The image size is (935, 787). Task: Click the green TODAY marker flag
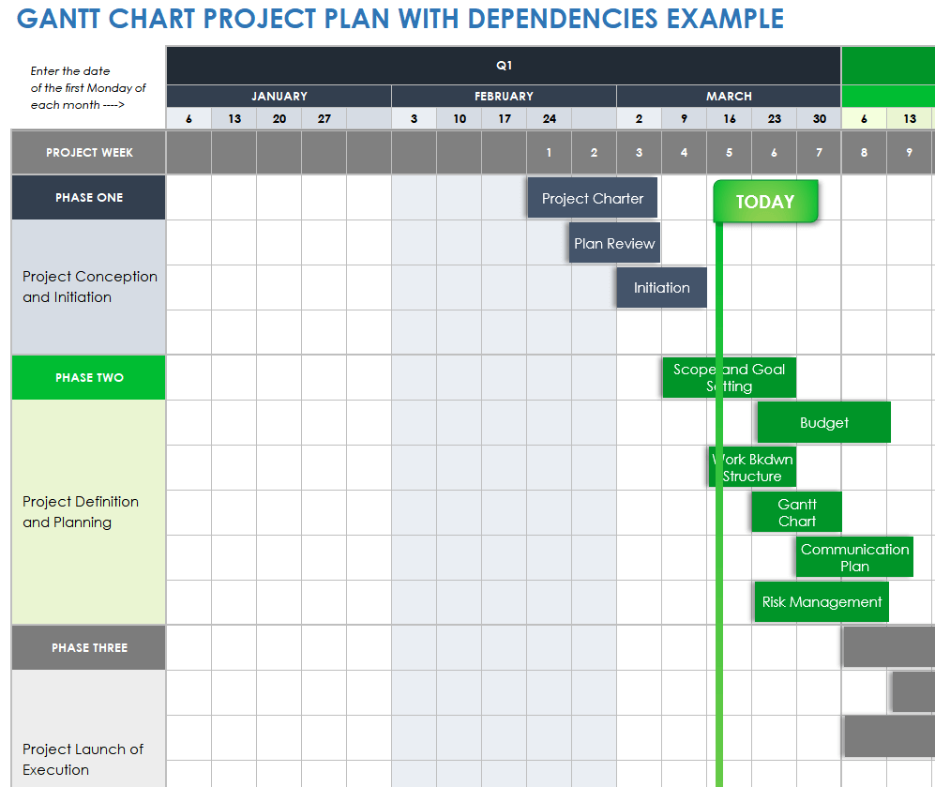coord(765,202)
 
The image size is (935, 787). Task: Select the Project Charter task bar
coord(592,198)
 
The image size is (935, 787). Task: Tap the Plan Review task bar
coord(614,243)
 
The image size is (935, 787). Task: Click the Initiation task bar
coord(661,288)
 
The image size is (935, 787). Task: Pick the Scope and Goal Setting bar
coord(729,377)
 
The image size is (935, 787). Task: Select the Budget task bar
coord(823,423)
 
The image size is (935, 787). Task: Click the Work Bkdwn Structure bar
coord(752,467)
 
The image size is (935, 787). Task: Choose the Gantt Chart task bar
coord(796,512)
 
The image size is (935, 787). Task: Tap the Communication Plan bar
coord(854,557)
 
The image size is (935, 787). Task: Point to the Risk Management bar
coord(821,602)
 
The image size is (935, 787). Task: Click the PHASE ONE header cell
coord(89,198)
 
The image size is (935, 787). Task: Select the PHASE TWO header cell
coord(89,378)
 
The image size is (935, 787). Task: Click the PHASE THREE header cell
coord(89,648)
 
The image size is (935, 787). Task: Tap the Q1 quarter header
coord(504,66)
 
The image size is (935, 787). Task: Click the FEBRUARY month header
coord(504,96)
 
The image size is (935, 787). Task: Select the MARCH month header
coord(729,96)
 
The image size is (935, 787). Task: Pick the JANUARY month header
coord(279,96)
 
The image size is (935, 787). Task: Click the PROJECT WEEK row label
coord(89,152)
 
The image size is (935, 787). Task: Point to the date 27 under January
coord(324,119)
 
